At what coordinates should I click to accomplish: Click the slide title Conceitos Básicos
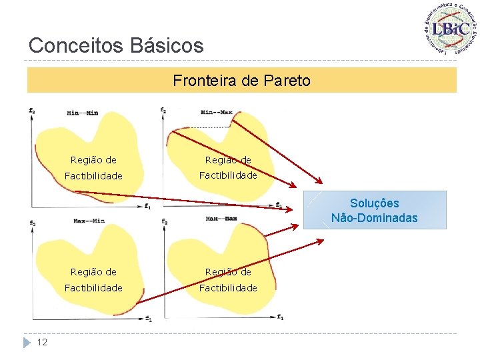pyautogui.click(x=116, y=45)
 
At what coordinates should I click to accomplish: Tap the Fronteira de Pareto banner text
pyautogui.click(x=241, y=81)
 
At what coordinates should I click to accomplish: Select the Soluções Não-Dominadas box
pyautogui.click(x=374, y=210)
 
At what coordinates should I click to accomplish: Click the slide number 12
pyautogui.click(x=42, y=342)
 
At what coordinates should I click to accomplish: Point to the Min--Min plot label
pyautogui.click(x=82, y=113)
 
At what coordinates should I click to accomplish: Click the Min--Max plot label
pyautogui.click(x=216, y=112)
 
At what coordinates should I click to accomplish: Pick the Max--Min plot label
pyautogui.click(x=89, y=220)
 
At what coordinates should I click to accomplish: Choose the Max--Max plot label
pyautogui.click(x=222, y=219)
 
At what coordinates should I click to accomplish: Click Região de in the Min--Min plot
pyautogui.click(x=93, y=160)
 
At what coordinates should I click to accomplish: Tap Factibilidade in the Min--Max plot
pyautogui.click(x=228, y=175)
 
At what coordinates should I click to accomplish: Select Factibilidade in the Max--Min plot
pyautogui.click(x=93, y=288)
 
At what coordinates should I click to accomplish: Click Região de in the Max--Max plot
pyautogui.click(x=228, y=271)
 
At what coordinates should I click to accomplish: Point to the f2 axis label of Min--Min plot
pyautogui.click(x=33, y=110)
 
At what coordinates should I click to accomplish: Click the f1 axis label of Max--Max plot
pyautogui.click(x=281, y=317)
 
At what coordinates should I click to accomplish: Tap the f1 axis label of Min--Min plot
pyautogui.click(x=147, y=207)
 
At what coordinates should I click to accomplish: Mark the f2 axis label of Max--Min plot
pyautogui.click(x=33, y=222)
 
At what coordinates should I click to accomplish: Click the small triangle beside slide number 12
pyautogui.click(x=27, y=342)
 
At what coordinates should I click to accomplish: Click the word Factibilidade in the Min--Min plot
pyautogui.click(x=93, y=176)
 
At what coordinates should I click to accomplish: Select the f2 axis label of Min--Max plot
pyautogui.click(x=164, y=110)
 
